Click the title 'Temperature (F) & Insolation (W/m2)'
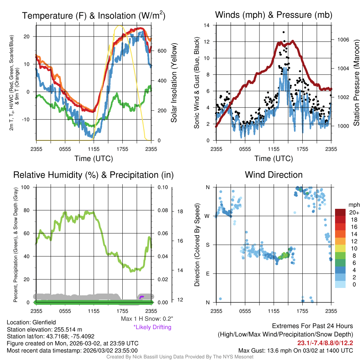click(94, 15)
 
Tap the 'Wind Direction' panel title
click(274, 175)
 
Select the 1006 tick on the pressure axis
click(343, 39)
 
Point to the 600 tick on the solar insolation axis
click(162, 51)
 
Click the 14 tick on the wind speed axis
click(207, 25)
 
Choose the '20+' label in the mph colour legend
click(354, 213)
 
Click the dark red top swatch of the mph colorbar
click(341, 212)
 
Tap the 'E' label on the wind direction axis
click(207, 274)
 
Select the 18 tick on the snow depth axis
click(180, 212)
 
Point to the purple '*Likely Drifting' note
click(152, 327)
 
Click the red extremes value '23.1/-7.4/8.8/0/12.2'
click(325, 343)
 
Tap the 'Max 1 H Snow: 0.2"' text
click(147, 319)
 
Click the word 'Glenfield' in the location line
click(44, 322)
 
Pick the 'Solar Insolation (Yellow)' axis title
click(174, 83)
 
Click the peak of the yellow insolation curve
click(120, 26)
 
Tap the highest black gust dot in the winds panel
click(283, 32)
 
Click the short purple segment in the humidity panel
click(142, 297)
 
